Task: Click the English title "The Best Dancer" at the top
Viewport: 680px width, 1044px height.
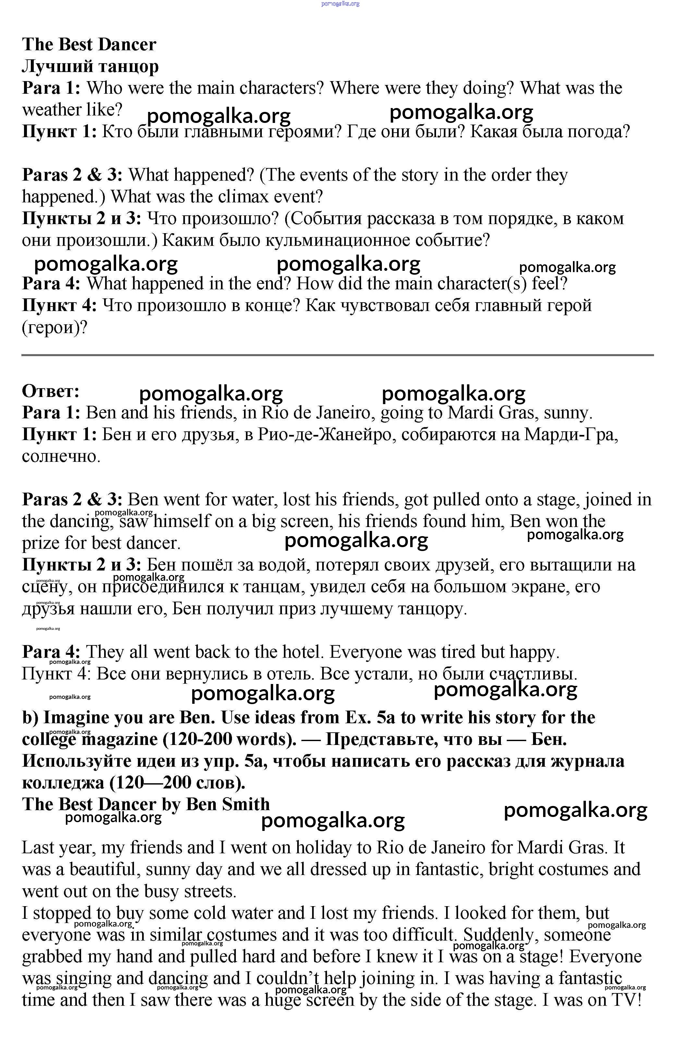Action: [89, 44]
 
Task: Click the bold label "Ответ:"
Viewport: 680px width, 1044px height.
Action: [51, 391]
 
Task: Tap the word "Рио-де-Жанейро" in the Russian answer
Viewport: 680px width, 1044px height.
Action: [326, 434]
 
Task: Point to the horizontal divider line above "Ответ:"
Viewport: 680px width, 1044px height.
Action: [338, 355]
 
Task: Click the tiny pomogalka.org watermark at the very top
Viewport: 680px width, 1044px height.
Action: [340, 4]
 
